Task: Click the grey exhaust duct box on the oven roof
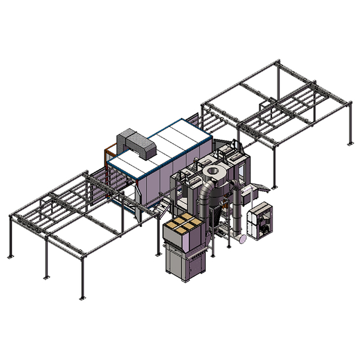[135, 143]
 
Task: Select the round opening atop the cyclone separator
[213, 171]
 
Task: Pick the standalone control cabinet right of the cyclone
[261, 221]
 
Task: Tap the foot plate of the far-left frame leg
[10, 257]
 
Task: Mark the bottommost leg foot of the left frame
[82, 297]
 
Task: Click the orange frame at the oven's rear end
[107, 156]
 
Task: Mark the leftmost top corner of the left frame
[10, 216]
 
